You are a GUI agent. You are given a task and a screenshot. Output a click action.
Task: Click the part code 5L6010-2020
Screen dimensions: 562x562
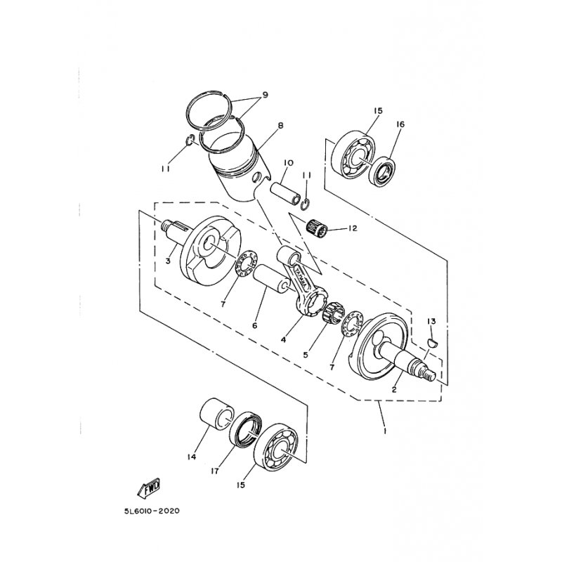[x=152, y=511]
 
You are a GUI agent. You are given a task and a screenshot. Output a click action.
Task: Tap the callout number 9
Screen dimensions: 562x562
[x=265, y=95]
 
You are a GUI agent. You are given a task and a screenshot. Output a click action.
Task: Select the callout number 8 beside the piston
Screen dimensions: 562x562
[x=280, y=125]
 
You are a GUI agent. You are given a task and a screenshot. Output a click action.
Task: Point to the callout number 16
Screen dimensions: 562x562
[x=400, y=124]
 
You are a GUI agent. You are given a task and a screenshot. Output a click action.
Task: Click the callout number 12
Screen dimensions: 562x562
[x=353, y=228]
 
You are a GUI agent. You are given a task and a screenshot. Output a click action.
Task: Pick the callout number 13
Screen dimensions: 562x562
[x=431, y=322]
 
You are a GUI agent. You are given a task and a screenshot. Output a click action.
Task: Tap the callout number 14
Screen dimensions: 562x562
[x=192, y=457]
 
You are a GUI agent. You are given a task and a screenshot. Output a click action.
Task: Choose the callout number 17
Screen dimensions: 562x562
[x=215, y=471]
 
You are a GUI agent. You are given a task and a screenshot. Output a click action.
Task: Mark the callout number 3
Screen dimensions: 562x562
[x=168, y=261]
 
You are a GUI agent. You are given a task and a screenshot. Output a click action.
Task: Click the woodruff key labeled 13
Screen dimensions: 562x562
[x=433, y=343]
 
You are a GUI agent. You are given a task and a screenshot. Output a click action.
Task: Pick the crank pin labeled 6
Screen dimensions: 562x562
[x=271, y=282]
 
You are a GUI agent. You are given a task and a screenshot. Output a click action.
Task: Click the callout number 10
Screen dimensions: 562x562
[x=288, y=163]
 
